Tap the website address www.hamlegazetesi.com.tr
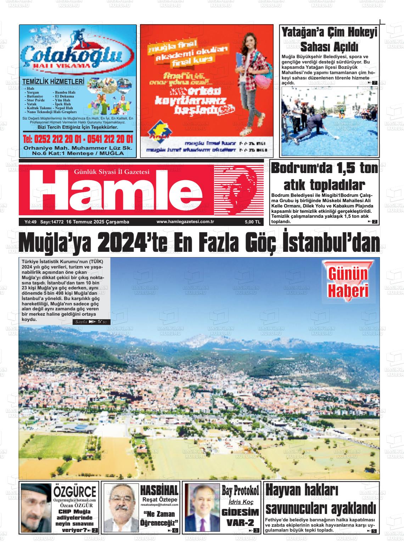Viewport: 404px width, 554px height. point(186,222)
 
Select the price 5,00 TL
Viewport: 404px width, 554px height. point(252,222)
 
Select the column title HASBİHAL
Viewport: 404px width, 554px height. point(159,490)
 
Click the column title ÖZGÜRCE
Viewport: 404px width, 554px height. point(74,491)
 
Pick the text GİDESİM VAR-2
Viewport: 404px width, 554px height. point(240,517)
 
